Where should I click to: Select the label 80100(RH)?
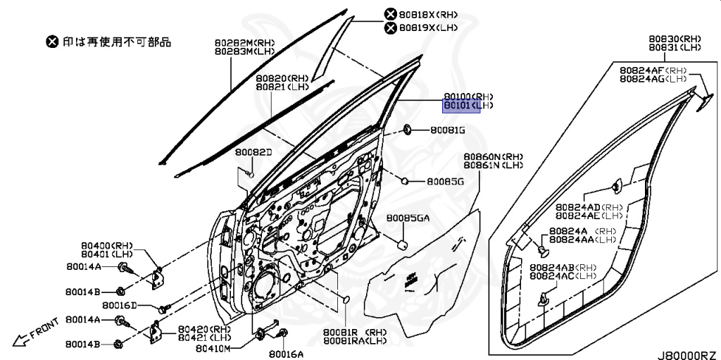468,97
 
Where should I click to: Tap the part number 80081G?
448,130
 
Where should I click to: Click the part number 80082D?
253,152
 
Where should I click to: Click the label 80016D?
119,306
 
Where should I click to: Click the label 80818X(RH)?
429,14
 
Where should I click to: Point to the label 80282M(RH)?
244,43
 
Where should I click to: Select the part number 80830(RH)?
675,38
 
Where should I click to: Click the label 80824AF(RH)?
653,70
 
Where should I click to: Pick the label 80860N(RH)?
493,156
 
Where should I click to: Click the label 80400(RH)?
106,244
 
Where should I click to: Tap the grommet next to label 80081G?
407,130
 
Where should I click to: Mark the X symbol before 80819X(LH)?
389,28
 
